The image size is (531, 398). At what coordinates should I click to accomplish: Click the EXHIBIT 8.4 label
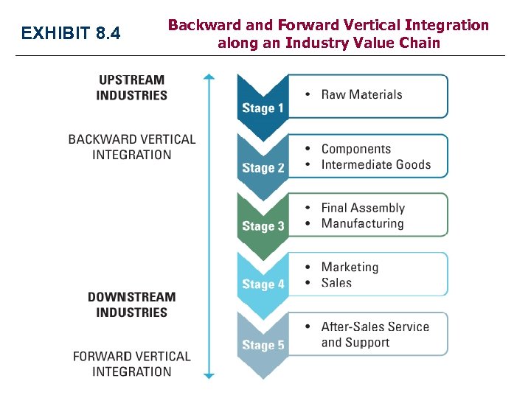(71, 33)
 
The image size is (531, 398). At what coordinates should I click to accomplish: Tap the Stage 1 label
(263, 108)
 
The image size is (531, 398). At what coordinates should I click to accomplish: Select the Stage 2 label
(263, 168)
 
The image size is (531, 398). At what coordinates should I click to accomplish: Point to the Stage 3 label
(263, 226)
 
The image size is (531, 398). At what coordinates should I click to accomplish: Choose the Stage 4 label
(263, 284)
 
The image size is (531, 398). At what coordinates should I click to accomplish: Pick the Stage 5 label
(263, 345)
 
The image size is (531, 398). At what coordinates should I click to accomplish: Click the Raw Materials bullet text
(361, 94)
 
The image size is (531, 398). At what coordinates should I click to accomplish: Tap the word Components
(356, 149)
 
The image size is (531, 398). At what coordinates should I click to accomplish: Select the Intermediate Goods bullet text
(375, 164)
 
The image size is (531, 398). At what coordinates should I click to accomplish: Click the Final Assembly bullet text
(363, 208)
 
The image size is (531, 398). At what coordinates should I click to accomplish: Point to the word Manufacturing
(362, 223)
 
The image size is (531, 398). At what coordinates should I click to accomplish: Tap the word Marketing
(350, 267)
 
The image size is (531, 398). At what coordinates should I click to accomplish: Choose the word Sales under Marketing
(336, 283)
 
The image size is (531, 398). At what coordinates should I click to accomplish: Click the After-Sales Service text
(375, 327)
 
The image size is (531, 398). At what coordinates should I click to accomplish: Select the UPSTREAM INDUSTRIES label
(131, 87)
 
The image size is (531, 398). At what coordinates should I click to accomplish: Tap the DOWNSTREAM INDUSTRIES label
(131, 304)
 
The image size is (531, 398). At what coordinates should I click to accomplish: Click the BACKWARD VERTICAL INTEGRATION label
(131, 147)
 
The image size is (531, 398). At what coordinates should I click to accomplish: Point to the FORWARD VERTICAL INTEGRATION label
(131, 364)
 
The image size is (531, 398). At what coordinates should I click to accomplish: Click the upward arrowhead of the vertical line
(209, 76)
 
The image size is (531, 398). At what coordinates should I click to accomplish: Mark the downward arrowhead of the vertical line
(209, 376)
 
